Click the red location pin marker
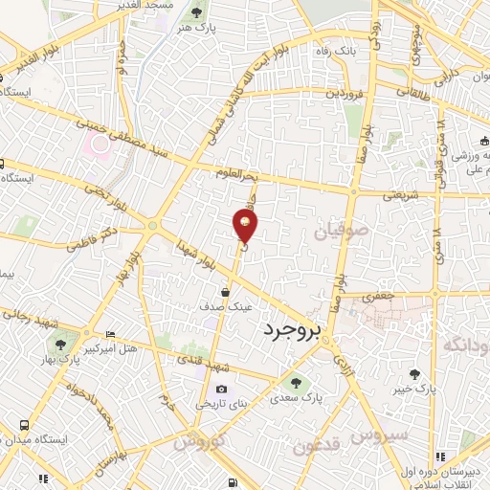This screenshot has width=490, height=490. [245, 226]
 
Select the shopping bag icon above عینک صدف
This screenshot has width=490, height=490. [226, 293]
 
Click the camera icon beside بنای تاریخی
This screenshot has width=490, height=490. [222, 389]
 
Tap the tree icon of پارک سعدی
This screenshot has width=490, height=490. [294, 382]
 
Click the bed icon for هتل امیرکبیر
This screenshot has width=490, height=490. [111, 335]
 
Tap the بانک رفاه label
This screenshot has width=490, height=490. [339, 48]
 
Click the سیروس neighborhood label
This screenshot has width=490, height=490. [378, 436]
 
